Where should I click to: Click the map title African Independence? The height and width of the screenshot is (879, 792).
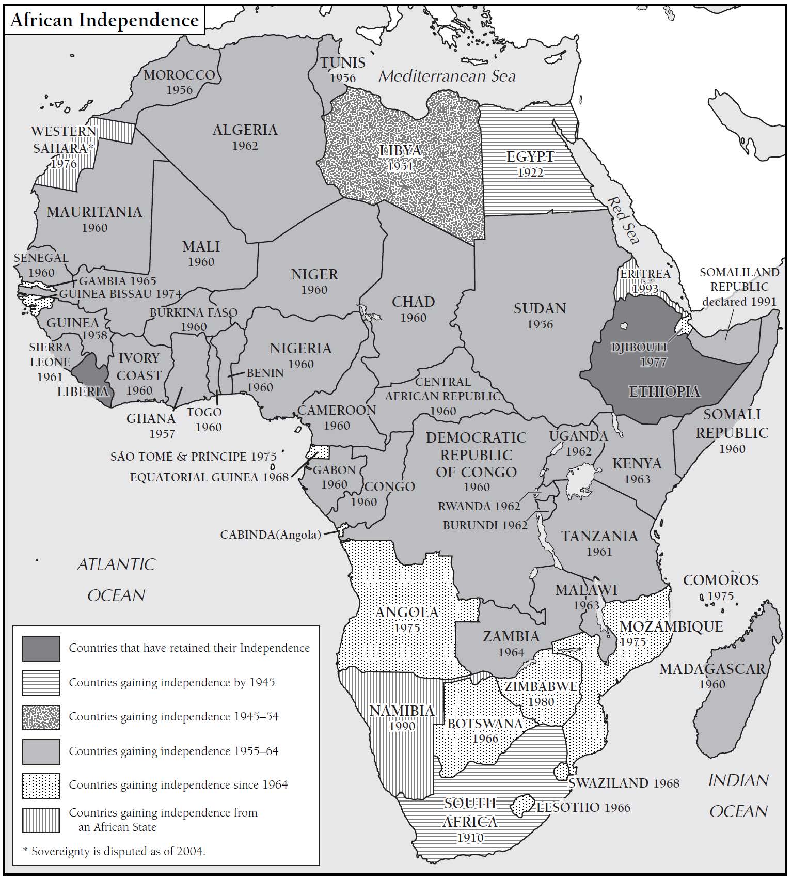[104, 20]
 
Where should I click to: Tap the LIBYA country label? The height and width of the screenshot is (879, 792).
[400, 151]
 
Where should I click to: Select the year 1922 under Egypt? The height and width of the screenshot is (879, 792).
[530, 172]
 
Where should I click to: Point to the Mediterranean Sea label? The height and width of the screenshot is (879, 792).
[447, 76]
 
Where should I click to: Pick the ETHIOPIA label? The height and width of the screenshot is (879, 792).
[664, 391]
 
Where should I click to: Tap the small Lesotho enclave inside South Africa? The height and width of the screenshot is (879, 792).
[524, 805]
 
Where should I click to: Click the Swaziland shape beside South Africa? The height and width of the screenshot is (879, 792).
[562, 771]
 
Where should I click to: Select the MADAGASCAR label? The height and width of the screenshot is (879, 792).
[712, 669]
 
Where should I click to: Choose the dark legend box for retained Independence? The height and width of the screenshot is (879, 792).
[41, 648]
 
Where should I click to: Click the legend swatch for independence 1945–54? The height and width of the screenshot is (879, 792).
[41, 717]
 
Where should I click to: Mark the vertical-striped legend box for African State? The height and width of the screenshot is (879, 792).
[41, 820]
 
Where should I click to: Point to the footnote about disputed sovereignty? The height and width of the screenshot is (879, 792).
[114, 851]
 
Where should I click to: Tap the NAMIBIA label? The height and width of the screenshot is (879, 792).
[402, 711]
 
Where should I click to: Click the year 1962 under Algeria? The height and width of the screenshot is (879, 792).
[245, 146]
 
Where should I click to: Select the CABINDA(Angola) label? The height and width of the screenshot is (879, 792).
[270, 535]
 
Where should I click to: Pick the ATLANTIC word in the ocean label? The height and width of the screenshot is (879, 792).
[116, 564]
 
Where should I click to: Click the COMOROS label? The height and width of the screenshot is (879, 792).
[720, 580]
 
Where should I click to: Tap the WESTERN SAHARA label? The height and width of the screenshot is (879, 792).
[63, 140]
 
